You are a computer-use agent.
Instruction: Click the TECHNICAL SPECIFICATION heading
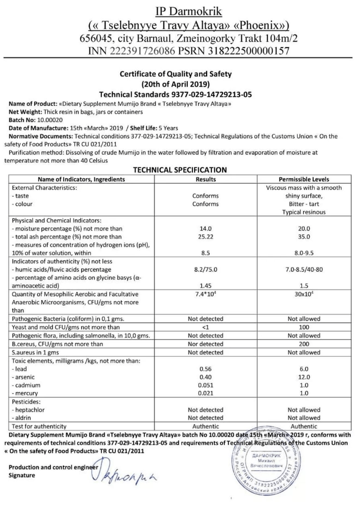click(x=179, y=170)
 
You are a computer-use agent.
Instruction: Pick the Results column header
click(x=205, y=178)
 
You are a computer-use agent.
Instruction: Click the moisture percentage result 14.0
click(x=205, y=229)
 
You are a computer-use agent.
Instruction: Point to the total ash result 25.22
click(x=205, y=237)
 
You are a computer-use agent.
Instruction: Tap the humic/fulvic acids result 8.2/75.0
click(x=205, y=270)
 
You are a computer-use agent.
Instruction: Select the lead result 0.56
click(x=205, y=369)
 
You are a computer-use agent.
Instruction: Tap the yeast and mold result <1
click(x=205, y=327)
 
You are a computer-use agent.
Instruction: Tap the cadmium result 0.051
click(x=205, y=385)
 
